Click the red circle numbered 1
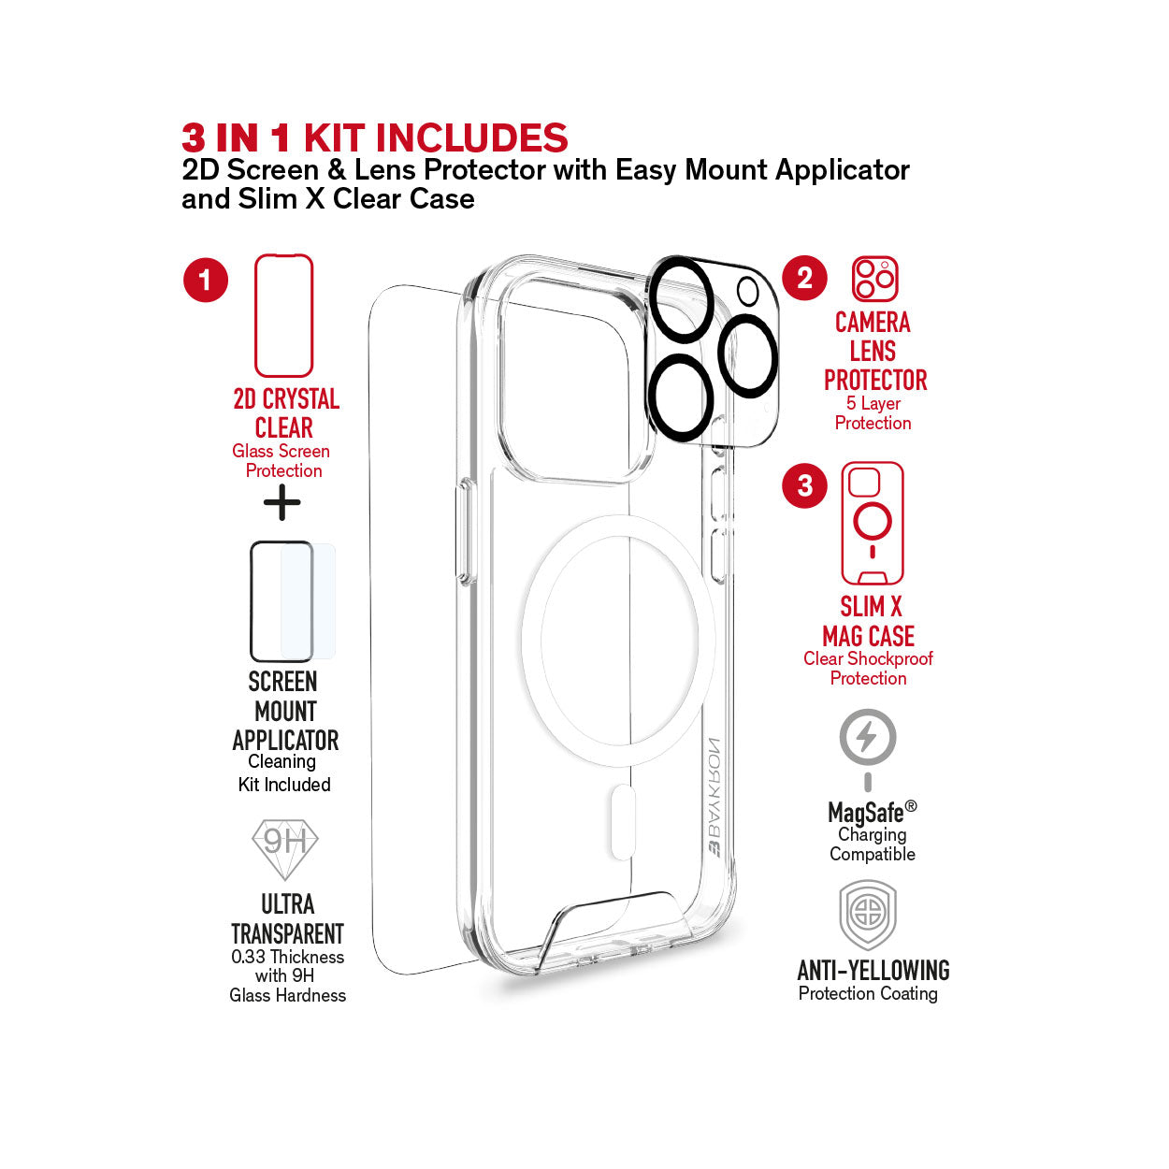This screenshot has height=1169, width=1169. tap(206, 280)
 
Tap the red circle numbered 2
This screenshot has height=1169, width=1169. tap(804, 278)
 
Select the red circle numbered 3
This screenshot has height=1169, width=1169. tap(804, 485)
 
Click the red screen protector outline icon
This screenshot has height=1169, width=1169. tap(283, 315)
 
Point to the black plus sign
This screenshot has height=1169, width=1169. tap(282, 501)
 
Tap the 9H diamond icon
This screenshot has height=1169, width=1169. tap(284, 849)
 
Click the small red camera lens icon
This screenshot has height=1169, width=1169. tap(874, 279)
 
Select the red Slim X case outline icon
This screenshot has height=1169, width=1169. tap(873, 523)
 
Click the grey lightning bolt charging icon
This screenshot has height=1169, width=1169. tap(868, 750)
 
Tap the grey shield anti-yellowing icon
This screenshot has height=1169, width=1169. tap(868, 916)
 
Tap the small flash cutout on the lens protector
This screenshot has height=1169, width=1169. tap(748, 291)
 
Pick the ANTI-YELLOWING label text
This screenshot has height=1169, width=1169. tap(873, 970)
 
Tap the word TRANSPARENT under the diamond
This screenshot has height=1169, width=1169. tap(287, 934)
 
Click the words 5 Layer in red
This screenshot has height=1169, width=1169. tap(873, 403)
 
